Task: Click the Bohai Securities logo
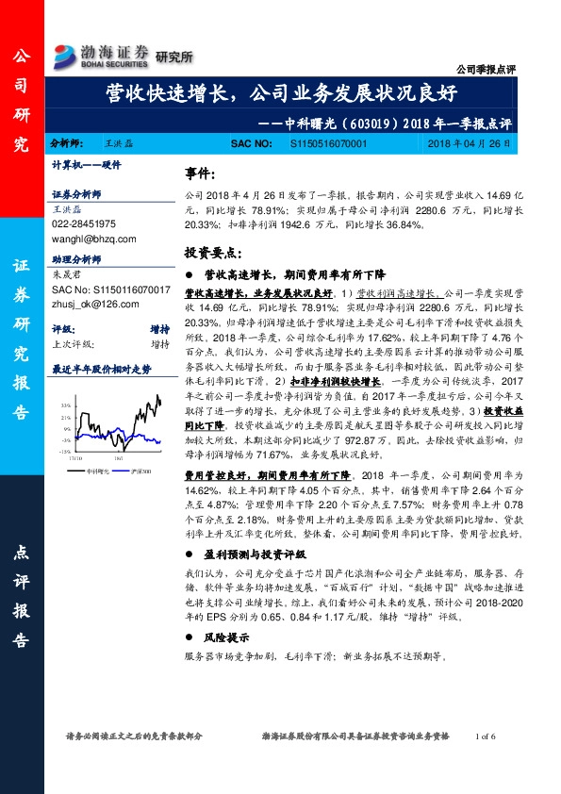(102, 55)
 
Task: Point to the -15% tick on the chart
(65, 452)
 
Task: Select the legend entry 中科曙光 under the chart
(99, 469)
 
